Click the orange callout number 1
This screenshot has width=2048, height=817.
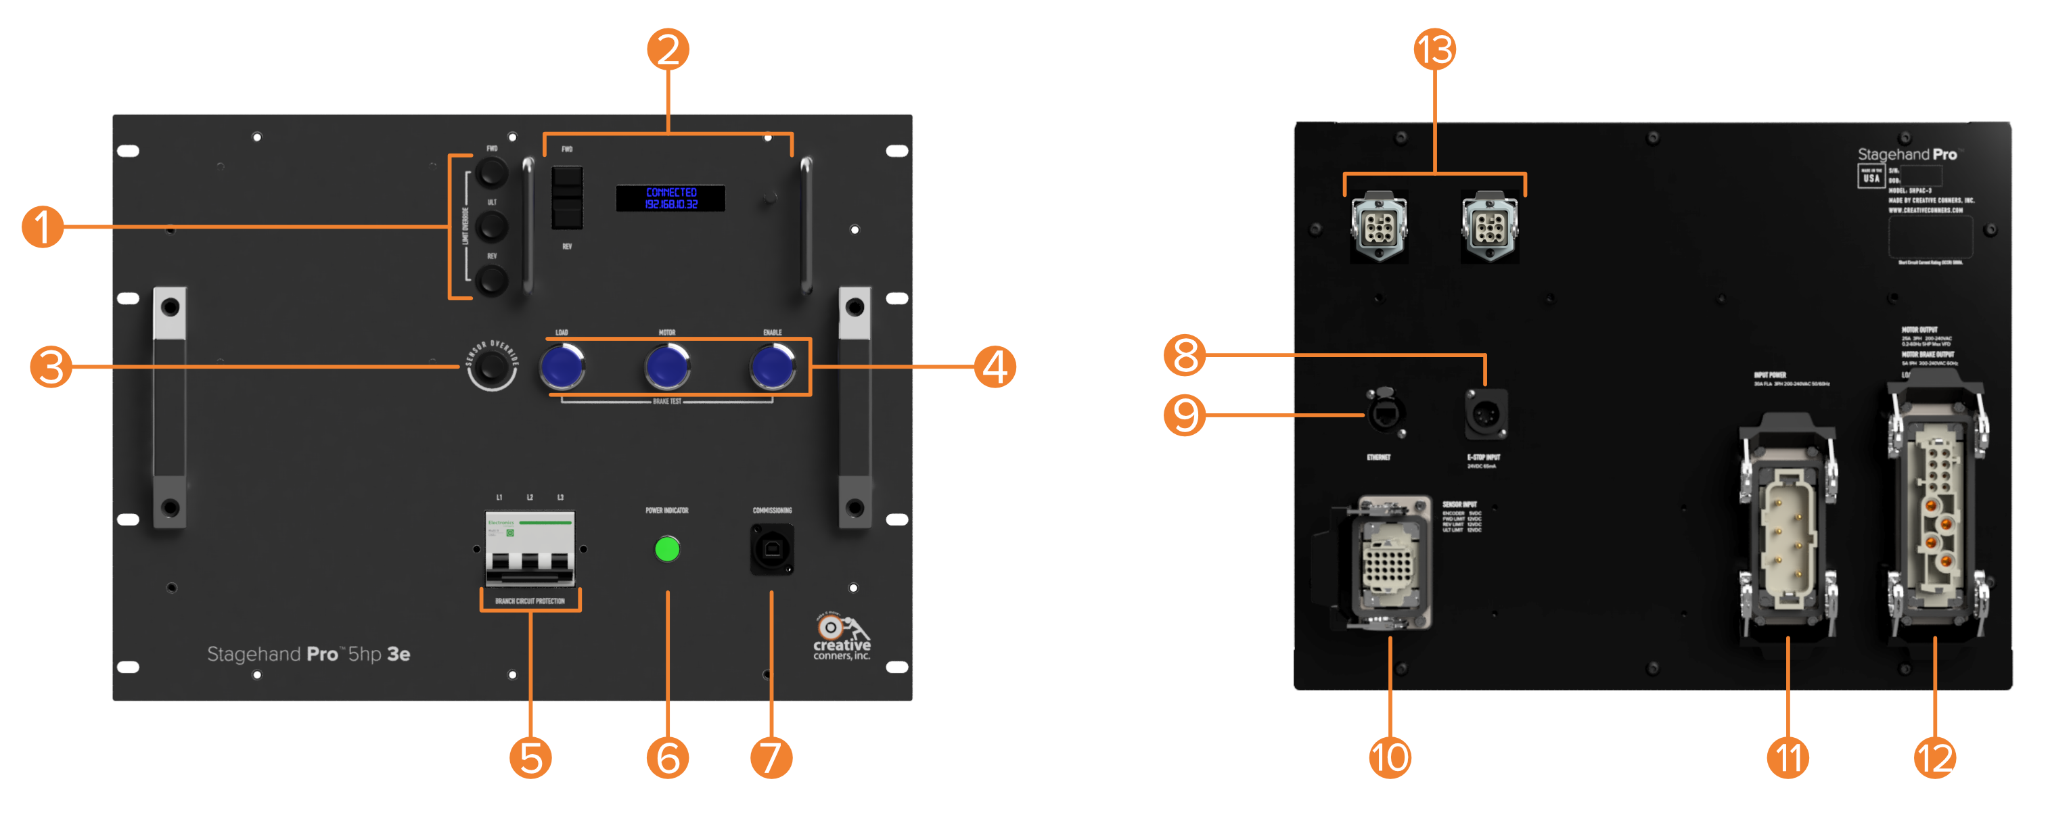tap(42, 227)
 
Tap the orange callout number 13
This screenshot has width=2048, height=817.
tap(1434, 49)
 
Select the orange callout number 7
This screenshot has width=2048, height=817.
tap(771, 757)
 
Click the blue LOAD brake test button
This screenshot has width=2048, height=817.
tap(562, 367)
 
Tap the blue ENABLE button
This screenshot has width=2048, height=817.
tap(772, 367)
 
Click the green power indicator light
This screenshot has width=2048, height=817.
tap(667, 548)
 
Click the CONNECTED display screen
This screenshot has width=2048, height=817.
tap(670, 198)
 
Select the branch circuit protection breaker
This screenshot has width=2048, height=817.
tap(530, 548)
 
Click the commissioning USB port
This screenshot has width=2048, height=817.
tap(772, 548)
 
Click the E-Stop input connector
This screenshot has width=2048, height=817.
tap(1485, 414)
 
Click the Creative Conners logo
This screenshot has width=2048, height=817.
tap(841, 636)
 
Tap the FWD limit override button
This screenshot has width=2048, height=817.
tap(491, 172)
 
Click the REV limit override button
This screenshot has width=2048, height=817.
tap(491, 280)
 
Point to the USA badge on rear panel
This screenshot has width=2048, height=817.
tap(1871, 177)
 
